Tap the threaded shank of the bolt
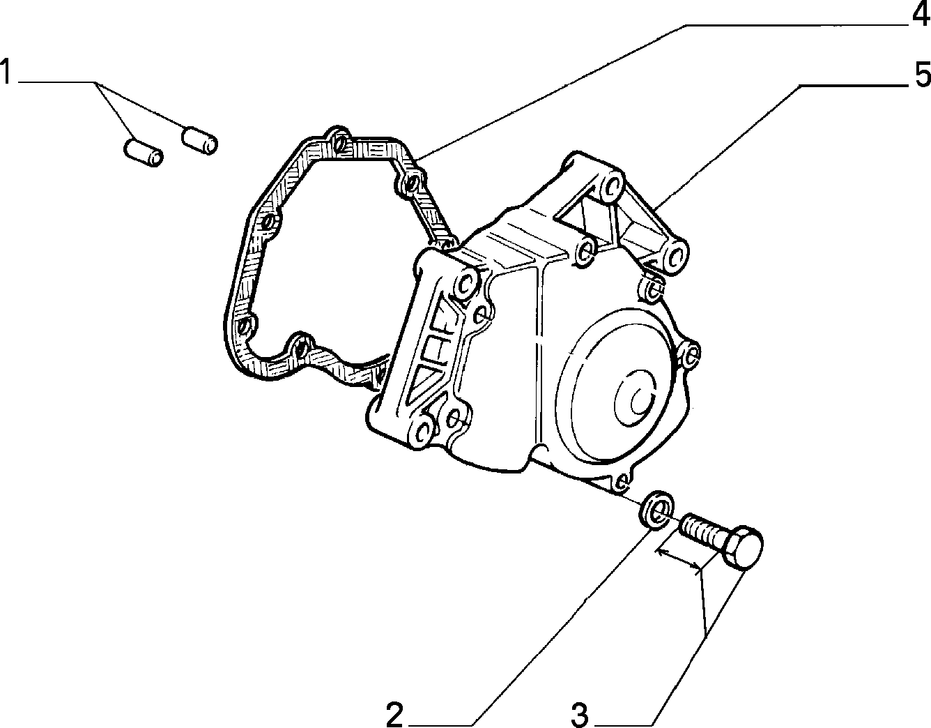pyautogui.click(x=702, y=531)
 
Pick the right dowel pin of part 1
pyautogui.click(x=200, y=140)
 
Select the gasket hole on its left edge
pyautogui.click(x=270, y=222)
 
